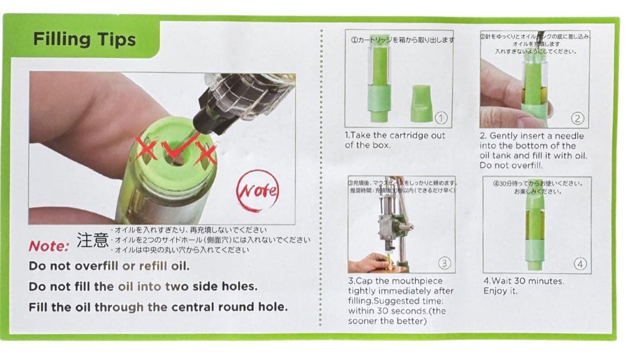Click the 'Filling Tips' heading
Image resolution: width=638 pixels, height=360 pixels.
(84, 40)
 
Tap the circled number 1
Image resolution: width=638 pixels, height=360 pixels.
(441, 118)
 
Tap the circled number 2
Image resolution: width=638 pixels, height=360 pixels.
(578, 119)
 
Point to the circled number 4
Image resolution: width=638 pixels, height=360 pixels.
(580, 264)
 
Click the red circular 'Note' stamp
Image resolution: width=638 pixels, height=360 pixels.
(257, 191)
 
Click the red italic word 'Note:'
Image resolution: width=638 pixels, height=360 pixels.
(50, 246)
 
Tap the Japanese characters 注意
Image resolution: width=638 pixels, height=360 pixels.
(93, 240)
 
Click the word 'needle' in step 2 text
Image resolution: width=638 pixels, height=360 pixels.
(569, 136)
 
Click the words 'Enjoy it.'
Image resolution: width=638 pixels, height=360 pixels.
(501, 291)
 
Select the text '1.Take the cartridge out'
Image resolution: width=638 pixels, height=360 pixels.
(395, 135)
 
